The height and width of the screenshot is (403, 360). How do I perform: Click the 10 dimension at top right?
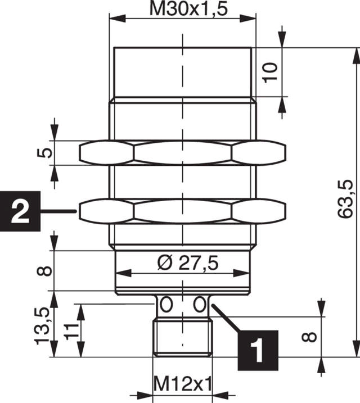pos(271,72)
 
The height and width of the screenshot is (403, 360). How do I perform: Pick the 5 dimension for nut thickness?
pos(47,152)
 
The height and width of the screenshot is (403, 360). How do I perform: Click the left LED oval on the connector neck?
pos(165,305)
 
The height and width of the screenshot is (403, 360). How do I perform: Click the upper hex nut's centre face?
pos(182,152)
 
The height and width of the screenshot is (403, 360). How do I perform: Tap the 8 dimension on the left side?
pos(47,270)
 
